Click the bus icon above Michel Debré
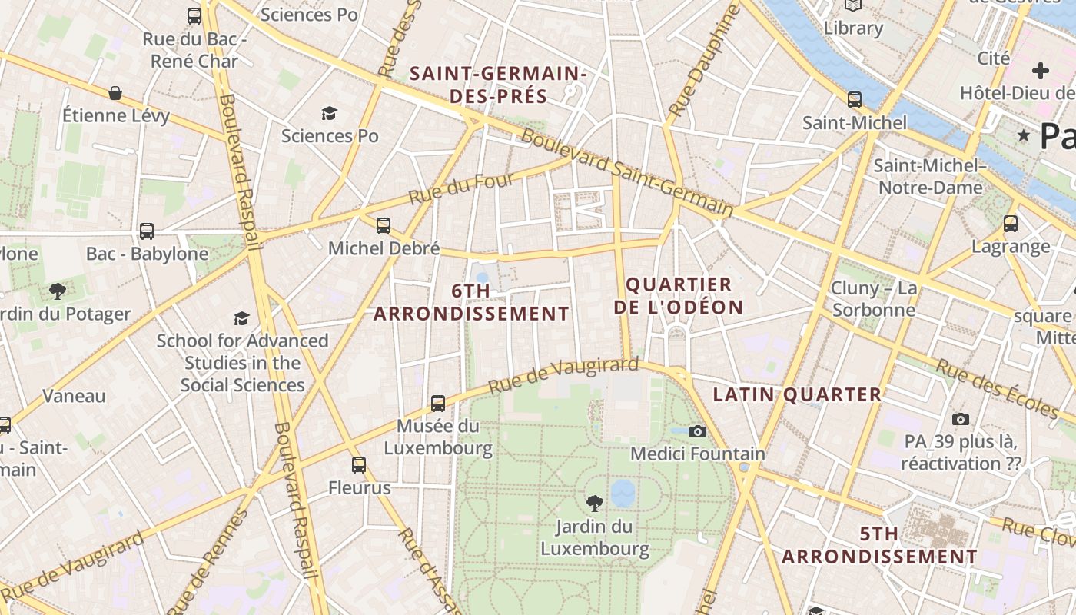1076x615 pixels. [383, 226]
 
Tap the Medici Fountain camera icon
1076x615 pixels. [697, 432]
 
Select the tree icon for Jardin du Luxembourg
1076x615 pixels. [594, 504]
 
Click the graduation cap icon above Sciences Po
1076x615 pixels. [330, 114]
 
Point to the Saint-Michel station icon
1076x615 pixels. [854, 100]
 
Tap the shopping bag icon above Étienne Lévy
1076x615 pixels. [115, 93]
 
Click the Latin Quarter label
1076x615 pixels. [797, 394]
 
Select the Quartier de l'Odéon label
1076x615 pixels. [684, 296]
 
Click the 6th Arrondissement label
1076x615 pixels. [471, 302]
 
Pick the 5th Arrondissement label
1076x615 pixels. [879, 545]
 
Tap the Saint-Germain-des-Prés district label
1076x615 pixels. [498, 85]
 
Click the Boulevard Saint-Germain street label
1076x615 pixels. [626, 172]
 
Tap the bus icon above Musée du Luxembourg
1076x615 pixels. [438, 403]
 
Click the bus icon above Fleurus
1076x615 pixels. [359, 464]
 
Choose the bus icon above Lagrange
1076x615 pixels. [1011, 224]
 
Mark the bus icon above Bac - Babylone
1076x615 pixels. [146, 231]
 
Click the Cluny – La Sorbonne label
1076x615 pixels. [873, 299]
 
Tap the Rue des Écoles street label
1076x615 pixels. [996, 390]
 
